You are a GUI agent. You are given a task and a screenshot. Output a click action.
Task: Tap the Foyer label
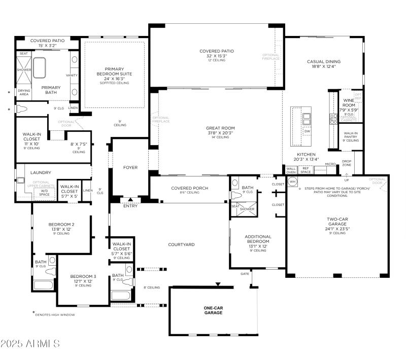coord(130,167)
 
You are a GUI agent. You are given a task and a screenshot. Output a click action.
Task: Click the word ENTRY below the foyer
coord(130,206)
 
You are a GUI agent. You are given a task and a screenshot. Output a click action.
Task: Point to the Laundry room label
coord(41,172)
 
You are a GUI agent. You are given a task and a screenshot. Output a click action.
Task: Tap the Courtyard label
coord(182,244)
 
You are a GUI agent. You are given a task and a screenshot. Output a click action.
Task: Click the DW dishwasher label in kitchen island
coord(307,131)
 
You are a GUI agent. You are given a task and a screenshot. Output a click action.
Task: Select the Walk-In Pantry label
coord(350,135)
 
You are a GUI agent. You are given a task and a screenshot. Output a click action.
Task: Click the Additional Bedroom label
coord(258,240)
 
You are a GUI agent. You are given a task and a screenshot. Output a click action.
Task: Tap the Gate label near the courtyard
coord(245,274)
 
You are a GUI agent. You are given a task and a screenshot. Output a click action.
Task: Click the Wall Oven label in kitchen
coord(291,171)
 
